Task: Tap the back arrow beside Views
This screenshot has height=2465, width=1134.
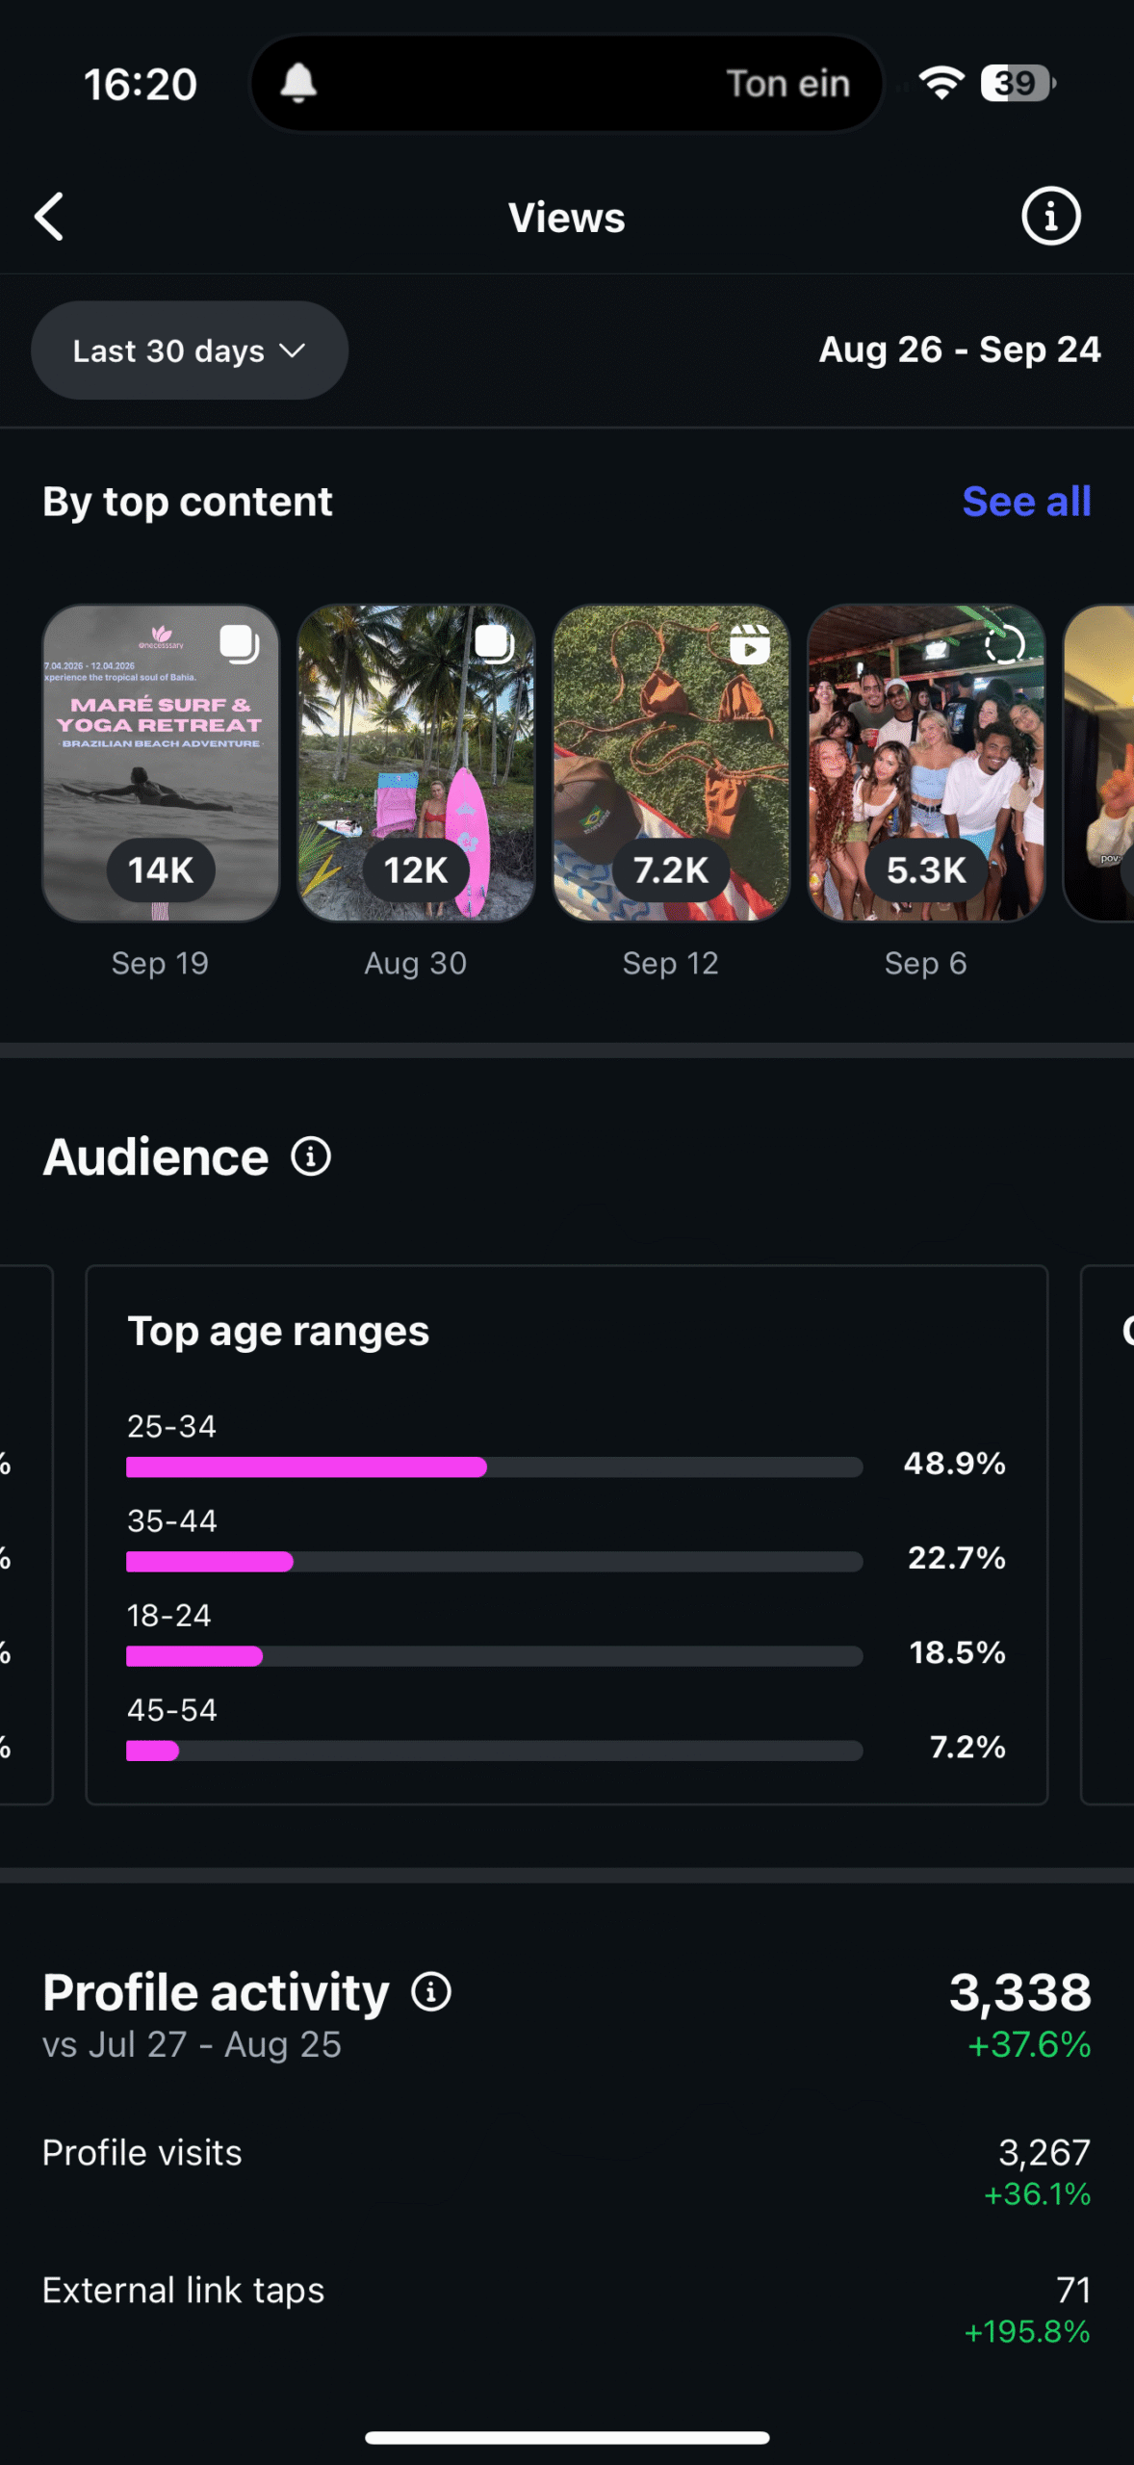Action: pos(49,217)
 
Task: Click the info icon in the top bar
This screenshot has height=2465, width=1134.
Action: pos(1050,217)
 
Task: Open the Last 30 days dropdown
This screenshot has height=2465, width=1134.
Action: pos(190,350)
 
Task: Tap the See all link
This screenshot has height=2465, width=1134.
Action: pos(1026,502)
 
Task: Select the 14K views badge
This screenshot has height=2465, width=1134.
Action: pos(161,870)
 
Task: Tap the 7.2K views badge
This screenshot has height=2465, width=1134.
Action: pos(671,870)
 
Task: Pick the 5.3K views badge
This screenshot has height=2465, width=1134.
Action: pos(926,870)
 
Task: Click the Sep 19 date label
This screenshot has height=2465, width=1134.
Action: pos(160,963)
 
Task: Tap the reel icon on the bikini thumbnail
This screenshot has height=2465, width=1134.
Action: pos(749,644)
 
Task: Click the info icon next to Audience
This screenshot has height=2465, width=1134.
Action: pos(311,1156)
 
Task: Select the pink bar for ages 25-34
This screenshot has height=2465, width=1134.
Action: pos(306,1467)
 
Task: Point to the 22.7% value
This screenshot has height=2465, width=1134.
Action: pos(956,1558)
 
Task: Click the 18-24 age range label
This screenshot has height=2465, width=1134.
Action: pos(169,1616)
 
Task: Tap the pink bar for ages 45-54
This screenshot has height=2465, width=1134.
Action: pos(153,1751)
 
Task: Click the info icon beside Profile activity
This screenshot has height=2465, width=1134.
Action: pos(431,1992)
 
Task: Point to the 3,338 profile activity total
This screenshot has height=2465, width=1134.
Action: pos(1019,1992)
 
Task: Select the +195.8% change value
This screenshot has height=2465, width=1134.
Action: pos(1027,2332)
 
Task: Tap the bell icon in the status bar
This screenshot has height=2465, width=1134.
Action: pos(298,84)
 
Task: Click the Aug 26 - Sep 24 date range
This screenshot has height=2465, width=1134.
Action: pos(959,350)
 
